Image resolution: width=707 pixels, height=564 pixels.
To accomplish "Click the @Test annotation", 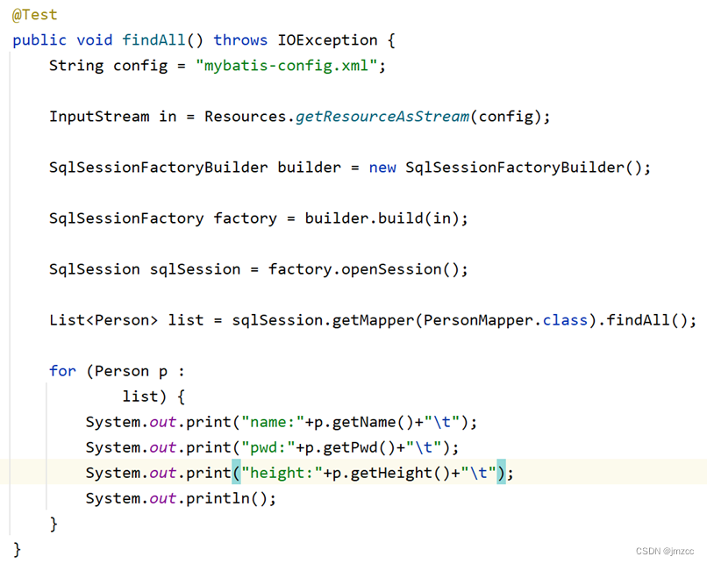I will (35, 15).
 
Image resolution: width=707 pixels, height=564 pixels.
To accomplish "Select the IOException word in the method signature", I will (327, 40).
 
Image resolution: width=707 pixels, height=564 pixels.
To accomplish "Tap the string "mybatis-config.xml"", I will (287, 66).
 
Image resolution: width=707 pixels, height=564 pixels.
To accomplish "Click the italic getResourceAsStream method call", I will (382, 117).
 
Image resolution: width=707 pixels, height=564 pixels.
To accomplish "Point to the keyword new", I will (382, 168).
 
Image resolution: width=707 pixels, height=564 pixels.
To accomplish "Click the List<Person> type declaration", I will (104, 320).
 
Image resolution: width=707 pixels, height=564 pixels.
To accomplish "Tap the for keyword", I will (62, 371).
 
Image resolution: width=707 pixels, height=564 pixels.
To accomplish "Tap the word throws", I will (240, 40).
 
